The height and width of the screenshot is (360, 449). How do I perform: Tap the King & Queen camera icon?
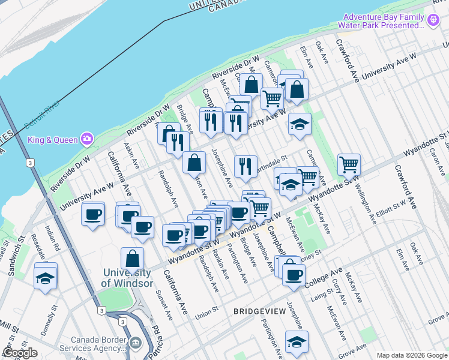(88, 139)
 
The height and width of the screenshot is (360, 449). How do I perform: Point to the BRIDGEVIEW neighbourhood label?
(259, 311)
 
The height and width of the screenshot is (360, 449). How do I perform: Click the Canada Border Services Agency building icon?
(136, 343)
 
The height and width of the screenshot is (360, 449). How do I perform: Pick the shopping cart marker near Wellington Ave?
(349, 163)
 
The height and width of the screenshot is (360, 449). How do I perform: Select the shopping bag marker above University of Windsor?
(133, 259)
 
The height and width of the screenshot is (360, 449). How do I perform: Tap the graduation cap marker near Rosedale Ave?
(46, 278)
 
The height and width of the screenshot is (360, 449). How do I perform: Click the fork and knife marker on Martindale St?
(245, 166)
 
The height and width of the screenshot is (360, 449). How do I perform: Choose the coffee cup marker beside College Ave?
(294, 274)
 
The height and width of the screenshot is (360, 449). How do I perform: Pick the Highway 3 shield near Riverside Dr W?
(29, 163)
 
